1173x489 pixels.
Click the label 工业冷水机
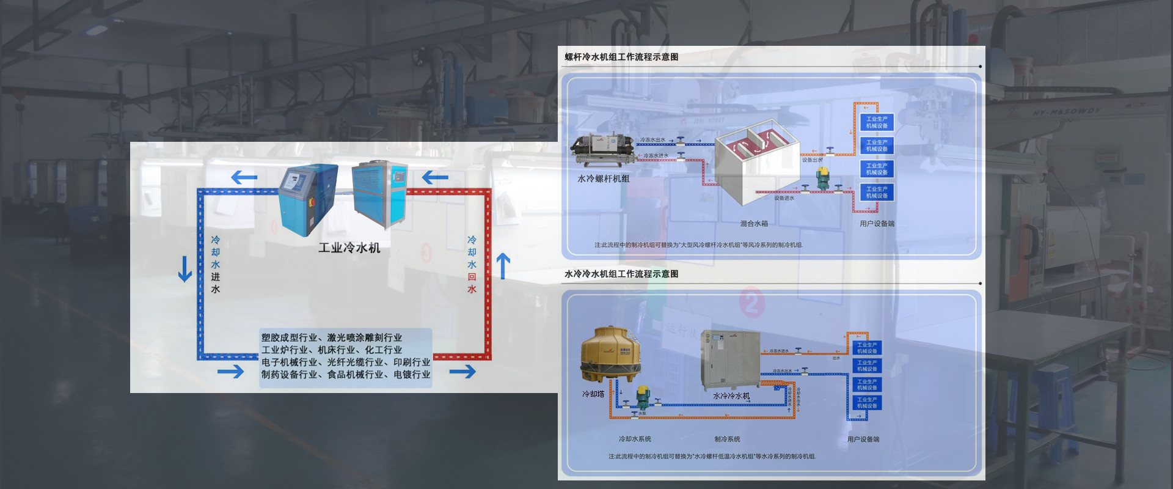tap(349, 248)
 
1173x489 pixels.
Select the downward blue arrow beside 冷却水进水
tap(185, 269)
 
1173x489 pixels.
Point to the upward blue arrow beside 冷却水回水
tap(503, 267)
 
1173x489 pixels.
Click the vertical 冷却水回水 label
tap(472, 264)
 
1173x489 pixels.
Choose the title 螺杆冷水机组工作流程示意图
tap(621, 57)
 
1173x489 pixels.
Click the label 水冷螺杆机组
tap(603, 178)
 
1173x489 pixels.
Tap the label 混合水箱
tap(754, 224)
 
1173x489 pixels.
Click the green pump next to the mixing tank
tap(822, 177)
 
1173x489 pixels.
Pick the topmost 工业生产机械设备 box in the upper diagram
tap(877, 122)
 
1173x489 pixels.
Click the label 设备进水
tap(784, 198)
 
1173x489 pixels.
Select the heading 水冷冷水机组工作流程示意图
tap(621, 274)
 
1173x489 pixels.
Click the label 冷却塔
tap(593, 394)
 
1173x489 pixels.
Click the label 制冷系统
tap(727, 439)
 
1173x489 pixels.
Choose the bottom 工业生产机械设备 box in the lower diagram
tap(866, 403)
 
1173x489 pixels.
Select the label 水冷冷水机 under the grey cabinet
tap(731, 396)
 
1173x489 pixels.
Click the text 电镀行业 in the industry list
tap(412, 375)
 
